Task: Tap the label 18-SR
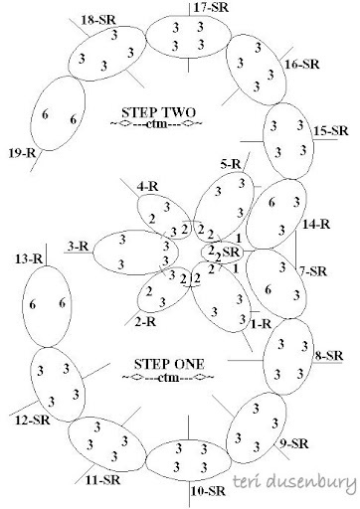pyautogui.click(x=96, y=20)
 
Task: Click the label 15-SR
pyautogui.click(x=330, y=130)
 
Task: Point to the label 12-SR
pyautogui.click(x=32, y=420)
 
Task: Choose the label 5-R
pyautogui.click(x=230, y=162)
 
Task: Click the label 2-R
pyautogui.click(x=146, y=322)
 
